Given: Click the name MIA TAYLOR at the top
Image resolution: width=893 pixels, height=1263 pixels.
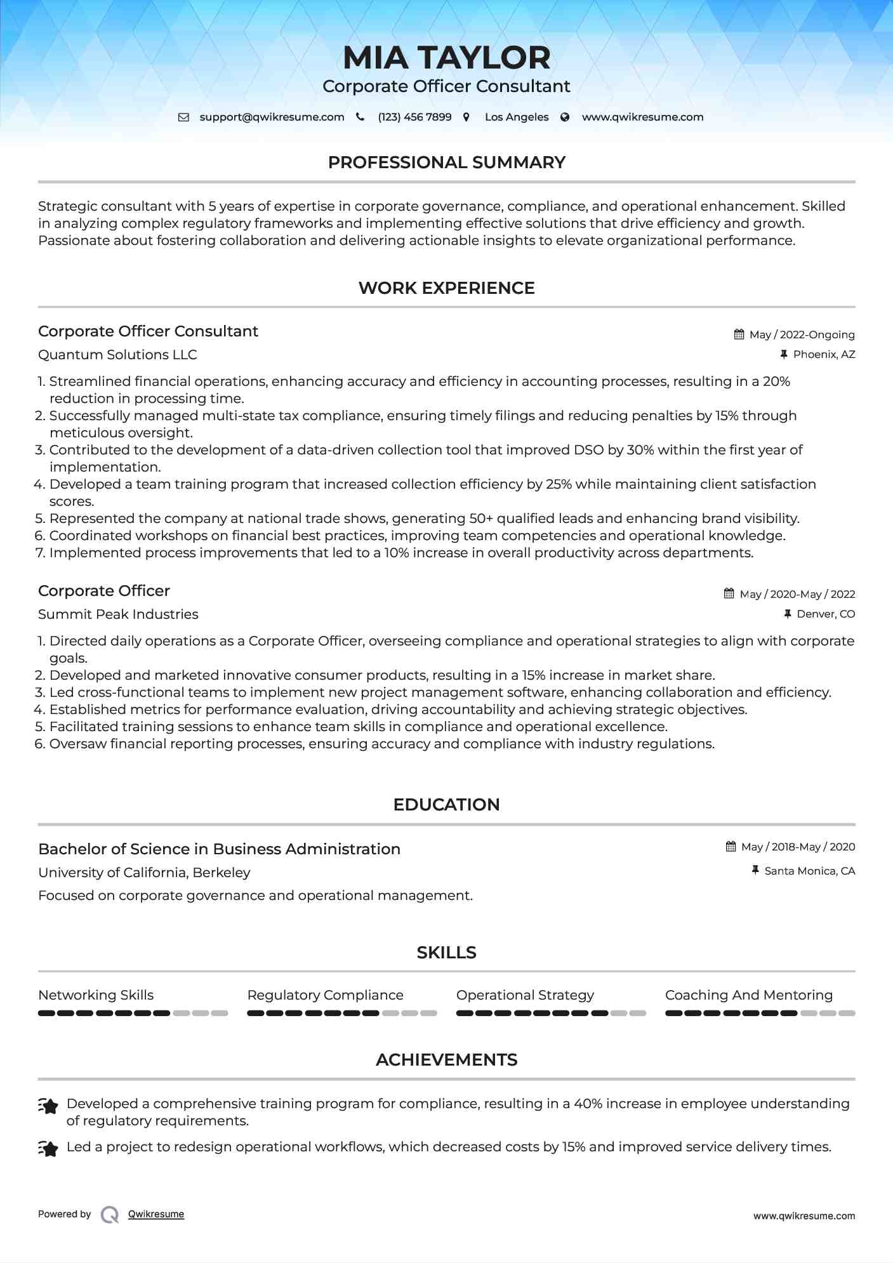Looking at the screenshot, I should point(446,58).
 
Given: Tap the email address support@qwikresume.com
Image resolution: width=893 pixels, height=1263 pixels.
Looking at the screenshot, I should point(272,117).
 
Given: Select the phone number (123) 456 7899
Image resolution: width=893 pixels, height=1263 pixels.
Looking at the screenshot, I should point(414,117).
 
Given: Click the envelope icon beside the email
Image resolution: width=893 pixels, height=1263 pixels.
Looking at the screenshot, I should point(183,117).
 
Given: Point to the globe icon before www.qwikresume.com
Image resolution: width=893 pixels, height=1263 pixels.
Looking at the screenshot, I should point(565,117).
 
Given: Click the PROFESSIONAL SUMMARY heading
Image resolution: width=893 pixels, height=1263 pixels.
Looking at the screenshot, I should point(446,162).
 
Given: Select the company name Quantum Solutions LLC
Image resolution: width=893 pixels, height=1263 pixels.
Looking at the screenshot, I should point(117,355).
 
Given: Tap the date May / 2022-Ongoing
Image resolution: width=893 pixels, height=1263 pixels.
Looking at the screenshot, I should point(802,334).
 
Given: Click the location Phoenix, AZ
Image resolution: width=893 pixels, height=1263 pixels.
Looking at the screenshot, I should point(824,354).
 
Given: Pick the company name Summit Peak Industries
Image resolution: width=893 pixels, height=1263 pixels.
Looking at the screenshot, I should point(118,614).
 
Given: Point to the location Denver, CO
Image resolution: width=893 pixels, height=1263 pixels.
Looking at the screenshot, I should point(826,614).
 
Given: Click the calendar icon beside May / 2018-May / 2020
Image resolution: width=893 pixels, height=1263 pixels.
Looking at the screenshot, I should point(731,847).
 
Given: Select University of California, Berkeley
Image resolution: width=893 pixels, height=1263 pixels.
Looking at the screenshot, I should point(144,873).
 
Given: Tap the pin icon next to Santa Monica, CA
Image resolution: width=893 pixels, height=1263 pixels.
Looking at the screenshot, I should point(755,870).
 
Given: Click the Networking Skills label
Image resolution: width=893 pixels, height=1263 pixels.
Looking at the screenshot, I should point(96,995).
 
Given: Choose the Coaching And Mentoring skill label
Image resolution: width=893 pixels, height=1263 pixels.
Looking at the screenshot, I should point(748,995).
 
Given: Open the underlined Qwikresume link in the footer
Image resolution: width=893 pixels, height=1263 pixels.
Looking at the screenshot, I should point(156,1214).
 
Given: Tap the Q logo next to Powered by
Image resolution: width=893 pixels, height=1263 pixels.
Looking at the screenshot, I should point(110,1214).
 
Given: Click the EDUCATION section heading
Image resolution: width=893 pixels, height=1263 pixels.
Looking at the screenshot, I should point(446,805).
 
